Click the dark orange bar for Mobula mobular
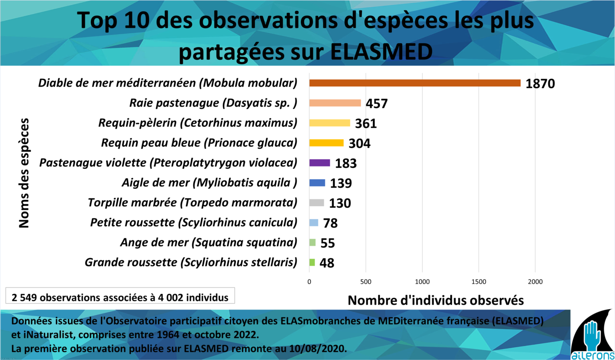pyautogui.click(x=414, y=83)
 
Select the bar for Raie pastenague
pyautogui.click(x=335, y=103)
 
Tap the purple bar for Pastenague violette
pyautogui.click(x=320, y=162)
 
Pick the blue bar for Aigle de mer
pyautogui.click(x=317, y=183)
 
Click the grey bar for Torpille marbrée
pyautogui.click(x=317, y=202)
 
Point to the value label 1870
pyautogui.click(x=540, y=84)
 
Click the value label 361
pyautogui.click(x=366, y=124)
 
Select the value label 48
pyautogui.click(x=327, y=263)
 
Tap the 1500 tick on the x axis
pyautogui.click(x=479, y=282)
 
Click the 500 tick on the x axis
pyautogui.click(x=366, y=282)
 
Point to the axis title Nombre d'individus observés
pyautogui.click(x=436, y=300)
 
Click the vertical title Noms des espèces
pyautogui.click(x=24, y=173)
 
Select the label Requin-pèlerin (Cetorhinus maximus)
pyautogui.click(x=198, y=123)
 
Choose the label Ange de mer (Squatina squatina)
pyautogui.click(x=208, y=243)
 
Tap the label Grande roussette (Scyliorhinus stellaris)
pyautogui.click(x=191, y=262)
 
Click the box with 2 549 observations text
pyautogui.click(x=120, y=297)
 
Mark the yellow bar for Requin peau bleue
pyautogui.click(x=326, y=143)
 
